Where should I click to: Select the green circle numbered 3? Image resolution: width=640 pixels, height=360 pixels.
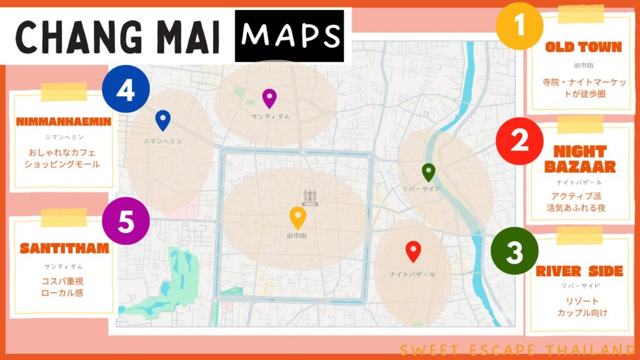coord(514,253)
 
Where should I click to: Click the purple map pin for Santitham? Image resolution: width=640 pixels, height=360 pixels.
coord(269,98)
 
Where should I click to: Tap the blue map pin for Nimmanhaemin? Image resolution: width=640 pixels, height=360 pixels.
coord(162,120)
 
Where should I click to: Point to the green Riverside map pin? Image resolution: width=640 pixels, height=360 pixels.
coord(428,172)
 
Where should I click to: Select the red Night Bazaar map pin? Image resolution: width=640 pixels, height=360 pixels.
coord(412,251)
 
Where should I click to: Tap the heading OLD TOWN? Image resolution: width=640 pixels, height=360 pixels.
coord(583,47)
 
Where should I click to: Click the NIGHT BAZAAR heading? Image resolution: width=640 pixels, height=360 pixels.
coord(579,159)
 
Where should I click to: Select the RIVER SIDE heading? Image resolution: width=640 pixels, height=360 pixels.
coord(579,271)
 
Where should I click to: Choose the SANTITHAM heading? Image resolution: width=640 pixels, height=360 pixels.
coord(64,249)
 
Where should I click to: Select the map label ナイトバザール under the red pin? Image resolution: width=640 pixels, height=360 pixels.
coord(412,274)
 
